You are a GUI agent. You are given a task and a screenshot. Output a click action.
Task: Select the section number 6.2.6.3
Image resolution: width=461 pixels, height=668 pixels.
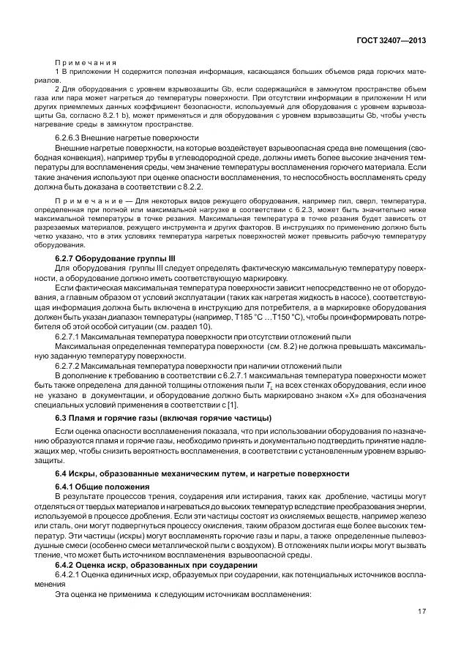coord(71,138)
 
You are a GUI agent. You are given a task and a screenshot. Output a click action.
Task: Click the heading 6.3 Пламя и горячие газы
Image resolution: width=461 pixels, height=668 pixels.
coord(162,417)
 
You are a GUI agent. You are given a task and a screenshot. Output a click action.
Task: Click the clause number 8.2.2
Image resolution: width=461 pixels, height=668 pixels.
coord(191,186)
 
